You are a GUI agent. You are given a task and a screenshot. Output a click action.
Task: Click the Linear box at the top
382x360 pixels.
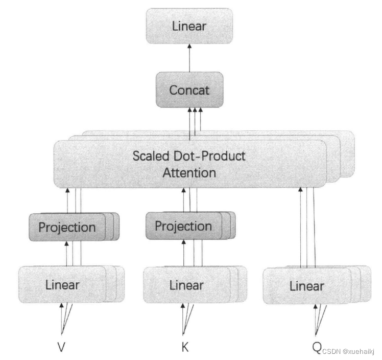tap(189, 26)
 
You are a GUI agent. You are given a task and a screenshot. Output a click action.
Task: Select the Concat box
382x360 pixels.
tap(189, 90)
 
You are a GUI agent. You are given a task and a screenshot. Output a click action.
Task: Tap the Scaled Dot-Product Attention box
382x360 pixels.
tap(189, 163)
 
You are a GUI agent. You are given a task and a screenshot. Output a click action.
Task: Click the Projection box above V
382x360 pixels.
tap(67, 227)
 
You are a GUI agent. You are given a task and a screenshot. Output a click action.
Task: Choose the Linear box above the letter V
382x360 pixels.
tap(62, 284)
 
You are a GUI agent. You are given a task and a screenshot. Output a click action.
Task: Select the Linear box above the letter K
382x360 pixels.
tap(186, 285)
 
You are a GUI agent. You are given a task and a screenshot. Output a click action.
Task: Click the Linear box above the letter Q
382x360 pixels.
tap(306, 286)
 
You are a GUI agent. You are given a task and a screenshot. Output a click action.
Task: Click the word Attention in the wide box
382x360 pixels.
tap(189, 172)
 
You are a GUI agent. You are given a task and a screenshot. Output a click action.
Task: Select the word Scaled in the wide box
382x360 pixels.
tap(150, 155)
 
